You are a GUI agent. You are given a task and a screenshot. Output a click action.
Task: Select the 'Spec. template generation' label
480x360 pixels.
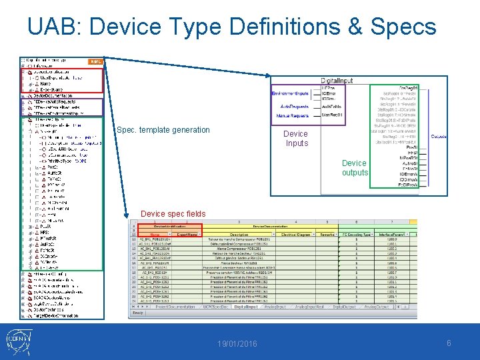[x=163, y=130]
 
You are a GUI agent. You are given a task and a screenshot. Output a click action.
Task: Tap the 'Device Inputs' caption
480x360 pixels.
[x=297, y=139]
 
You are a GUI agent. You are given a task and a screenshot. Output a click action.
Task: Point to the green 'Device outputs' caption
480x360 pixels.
[x=354, y=167]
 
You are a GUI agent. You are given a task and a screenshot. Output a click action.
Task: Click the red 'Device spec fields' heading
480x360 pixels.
[x=173, y=214]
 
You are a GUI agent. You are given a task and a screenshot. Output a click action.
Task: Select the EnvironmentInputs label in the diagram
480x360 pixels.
[x=290, y=94]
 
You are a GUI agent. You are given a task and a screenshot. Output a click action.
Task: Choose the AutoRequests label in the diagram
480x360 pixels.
[x=294, y=106]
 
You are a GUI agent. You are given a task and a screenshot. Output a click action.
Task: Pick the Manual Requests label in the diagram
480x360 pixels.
[x=292, y=116]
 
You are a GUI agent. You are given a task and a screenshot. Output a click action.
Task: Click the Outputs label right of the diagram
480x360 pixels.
[x=439, y=136]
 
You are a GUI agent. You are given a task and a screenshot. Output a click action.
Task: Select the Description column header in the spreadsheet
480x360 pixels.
[x=239, y=234]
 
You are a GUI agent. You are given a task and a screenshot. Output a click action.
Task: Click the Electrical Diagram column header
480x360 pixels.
[x=297, y=234]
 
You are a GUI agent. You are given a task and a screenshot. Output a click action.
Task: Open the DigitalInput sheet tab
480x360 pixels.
[x=245, y=307]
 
